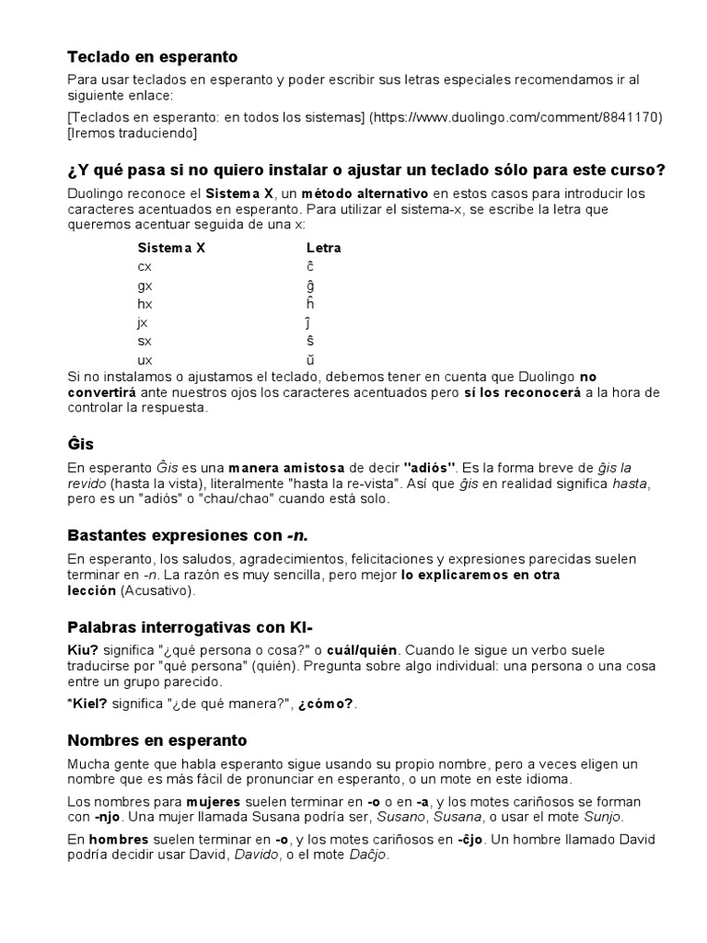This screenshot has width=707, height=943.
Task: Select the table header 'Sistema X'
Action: [171, 248]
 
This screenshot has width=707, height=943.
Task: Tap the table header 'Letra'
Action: [323, 248]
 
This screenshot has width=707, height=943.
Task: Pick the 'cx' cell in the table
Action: [145, 266]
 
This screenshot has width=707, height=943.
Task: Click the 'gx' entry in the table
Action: [145, 285]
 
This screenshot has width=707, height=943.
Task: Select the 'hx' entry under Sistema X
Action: [145, 304]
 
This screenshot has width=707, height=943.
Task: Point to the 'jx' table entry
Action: [143, 322]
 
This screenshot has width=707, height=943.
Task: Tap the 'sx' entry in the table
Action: [145, 341]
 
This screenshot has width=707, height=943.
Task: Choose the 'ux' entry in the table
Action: [145, 359]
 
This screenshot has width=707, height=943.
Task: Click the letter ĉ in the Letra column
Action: [310, 266]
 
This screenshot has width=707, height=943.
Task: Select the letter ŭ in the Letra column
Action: [310, 359]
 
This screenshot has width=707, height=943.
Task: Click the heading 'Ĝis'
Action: [81, 444]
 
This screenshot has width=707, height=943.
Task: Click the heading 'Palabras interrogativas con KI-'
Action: [197, 627]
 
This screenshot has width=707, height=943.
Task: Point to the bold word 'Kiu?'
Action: [83, 651]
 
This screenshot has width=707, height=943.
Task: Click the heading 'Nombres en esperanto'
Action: [157, 740]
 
